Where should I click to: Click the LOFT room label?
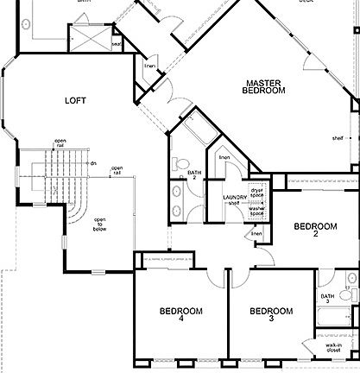[x=76, y=100]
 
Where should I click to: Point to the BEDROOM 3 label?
[x=270, y=315]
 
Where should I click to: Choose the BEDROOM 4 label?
[x=180, y=315]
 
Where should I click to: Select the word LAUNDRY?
[x=235, y=199]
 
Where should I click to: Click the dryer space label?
[x=256, y=191]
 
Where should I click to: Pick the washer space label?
[x=256, y=212]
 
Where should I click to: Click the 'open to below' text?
[x=100, y=224]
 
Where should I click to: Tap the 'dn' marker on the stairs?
[x=92, y=163]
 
